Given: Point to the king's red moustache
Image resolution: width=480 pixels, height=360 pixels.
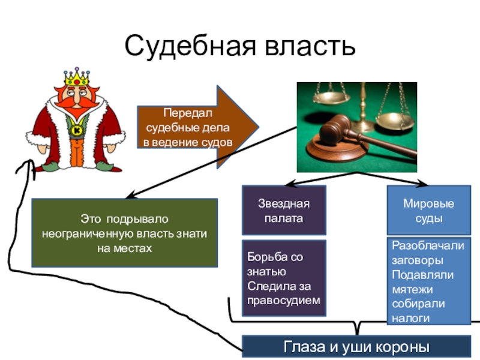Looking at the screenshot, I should [x=76, y=101].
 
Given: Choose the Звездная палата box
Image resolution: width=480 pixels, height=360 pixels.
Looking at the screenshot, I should [x=284, y=210].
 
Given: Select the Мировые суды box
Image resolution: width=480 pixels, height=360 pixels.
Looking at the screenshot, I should [x=428, y=210].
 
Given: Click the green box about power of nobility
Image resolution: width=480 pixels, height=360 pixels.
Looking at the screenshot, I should [x=124, y=233].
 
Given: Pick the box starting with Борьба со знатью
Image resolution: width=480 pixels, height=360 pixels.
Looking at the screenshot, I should [x=284, y=278].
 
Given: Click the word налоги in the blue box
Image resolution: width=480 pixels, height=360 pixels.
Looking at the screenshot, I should [x=410, y=318].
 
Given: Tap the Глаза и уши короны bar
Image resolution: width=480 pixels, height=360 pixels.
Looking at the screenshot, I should [x=356, y=347].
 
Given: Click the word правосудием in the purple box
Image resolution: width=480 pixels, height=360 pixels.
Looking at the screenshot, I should [x=284, y=299].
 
